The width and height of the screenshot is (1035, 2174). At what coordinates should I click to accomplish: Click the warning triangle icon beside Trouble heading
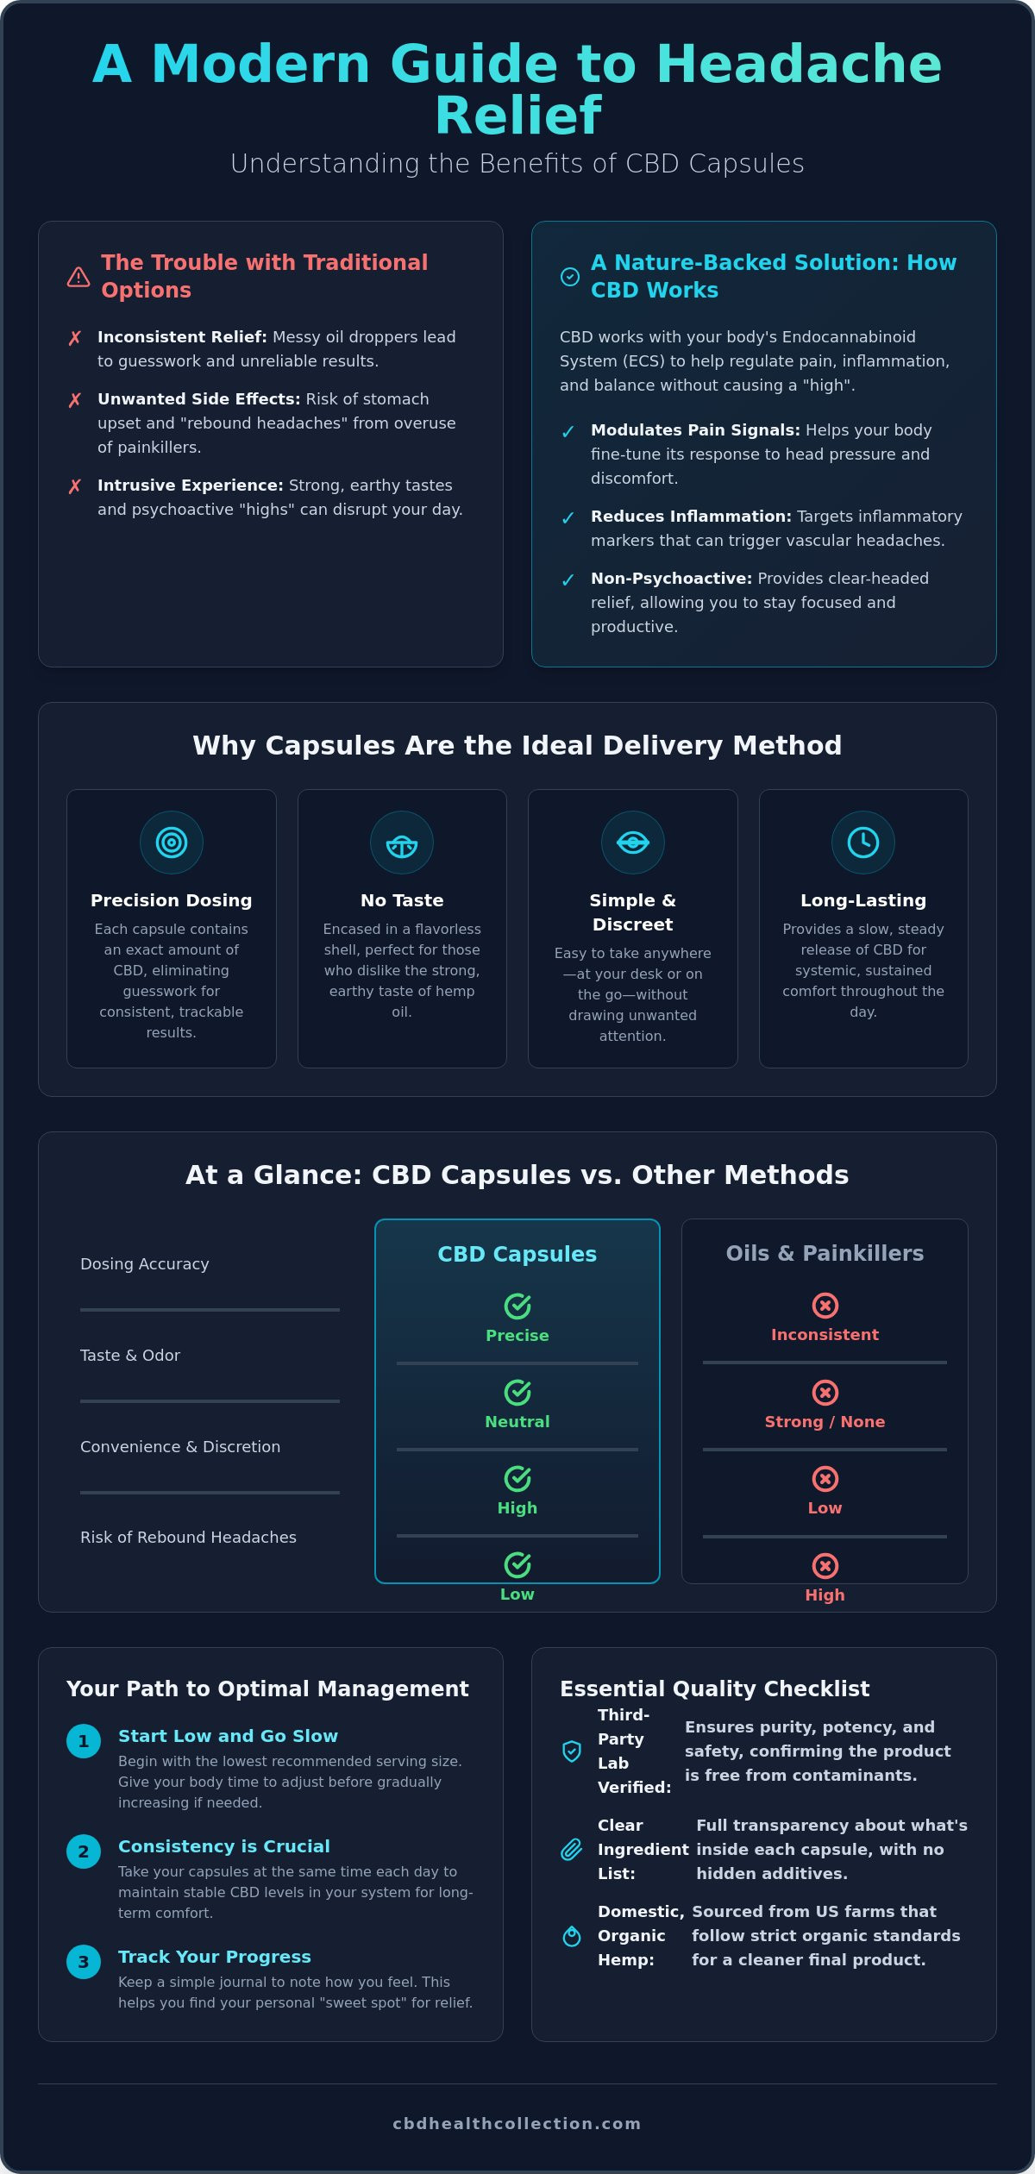78,277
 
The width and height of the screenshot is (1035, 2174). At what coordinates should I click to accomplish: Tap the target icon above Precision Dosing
172,843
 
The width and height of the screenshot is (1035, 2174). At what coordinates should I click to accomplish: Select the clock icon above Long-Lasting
863,843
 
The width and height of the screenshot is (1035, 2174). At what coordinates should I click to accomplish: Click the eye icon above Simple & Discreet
633,843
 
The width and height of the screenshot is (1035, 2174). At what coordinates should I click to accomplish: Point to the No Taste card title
402,900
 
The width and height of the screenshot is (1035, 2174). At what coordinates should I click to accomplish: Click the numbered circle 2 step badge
84,1851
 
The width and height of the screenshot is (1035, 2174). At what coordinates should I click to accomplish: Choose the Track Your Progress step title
215,1957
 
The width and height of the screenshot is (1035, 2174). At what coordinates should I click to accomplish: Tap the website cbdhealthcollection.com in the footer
517,2123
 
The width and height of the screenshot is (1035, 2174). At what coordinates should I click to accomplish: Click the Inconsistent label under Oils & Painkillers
825,1335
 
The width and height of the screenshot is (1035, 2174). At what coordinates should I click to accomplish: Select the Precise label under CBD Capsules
517,1336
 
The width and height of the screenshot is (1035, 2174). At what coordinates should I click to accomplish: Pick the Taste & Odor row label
130,1356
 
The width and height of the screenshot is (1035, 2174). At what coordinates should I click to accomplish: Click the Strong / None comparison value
825,1422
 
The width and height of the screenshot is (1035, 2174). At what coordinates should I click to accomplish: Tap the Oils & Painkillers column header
825,1254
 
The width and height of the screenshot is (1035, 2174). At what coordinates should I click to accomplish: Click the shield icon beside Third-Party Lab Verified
572,1751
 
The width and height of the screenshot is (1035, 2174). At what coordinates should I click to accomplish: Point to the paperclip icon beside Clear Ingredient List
572,1850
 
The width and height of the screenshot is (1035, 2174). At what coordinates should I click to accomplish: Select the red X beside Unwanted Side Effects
75,400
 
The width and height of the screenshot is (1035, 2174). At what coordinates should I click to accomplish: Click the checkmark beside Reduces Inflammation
568,518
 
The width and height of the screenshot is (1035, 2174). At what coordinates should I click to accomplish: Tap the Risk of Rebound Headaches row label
188,1538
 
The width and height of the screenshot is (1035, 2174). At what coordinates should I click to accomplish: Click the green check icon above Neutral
517,1393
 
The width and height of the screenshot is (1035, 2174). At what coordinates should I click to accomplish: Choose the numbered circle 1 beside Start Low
84,1741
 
